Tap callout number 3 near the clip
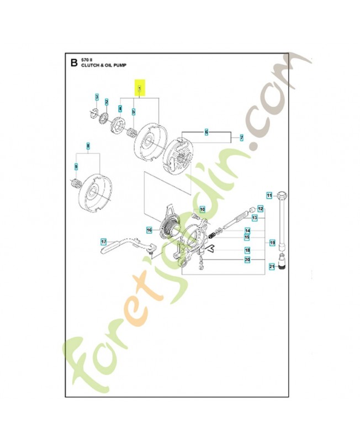[97, 98]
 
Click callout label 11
[269, 195]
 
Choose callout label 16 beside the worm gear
[149, 230]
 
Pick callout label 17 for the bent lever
[103, 241]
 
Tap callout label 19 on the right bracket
[272, 242]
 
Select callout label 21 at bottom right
[271, 267]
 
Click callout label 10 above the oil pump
[202, 209]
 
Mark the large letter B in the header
[73, 62]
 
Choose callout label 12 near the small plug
[261, 209]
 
